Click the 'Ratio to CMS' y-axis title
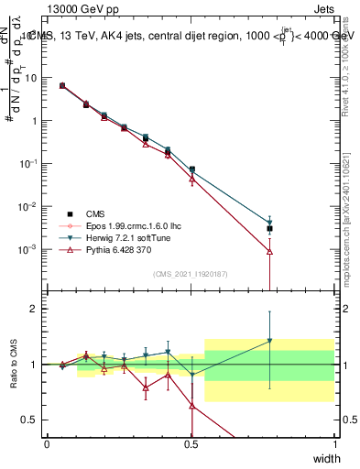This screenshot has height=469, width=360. (14, 365)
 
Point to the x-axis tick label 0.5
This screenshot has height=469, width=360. (191, 444)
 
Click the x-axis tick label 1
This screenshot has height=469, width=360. (335, 444)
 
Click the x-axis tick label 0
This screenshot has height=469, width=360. (47, 444)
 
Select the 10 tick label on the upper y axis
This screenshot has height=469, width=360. (31, 78)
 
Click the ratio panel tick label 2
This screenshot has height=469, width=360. (35, 309)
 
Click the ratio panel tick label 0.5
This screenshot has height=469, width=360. (31, 420)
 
